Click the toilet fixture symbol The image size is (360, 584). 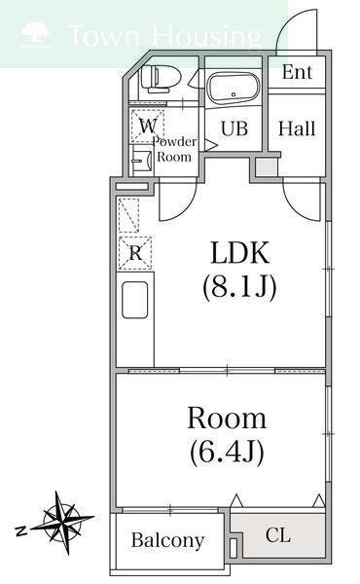pos(161,78)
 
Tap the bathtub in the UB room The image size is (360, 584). pos(234,88)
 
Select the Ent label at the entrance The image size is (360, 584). pos(297,72)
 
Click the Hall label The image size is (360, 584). pos(297,128)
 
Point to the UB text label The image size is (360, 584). pos(234,128)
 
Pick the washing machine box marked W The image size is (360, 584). pos(148,126)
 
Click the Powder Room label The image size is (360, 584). pos(174,149)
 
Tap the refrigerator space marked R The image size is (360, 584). pos(135,253)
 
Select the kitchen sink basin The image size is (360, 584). pos(135,300)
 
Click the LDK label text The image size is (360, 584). pos(239,252)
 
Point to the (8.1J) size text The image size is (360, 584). pos(239,287)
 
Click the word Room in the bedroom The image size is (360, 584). pos(227,419)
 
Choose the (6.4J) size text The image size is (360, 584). pos(227,452)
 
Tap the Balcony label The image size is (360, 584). pos(168,540)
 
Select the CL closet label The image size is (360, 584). pos(278,535)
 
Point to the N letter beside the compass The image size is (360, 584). pos(22,530)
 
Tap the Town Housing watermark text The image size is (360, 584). pos(165,36)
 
